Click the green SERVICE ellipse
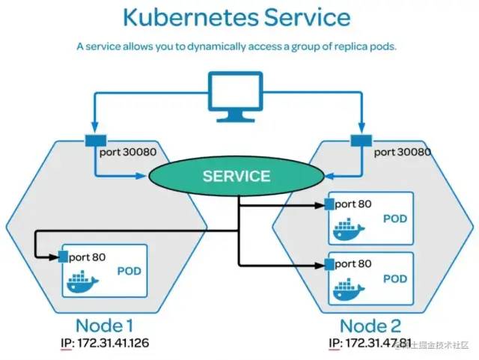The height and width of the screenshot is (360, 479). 237,176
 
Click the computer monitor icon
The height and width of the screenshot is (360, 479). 236,97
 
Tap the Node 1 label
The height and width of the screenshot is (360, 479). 105,326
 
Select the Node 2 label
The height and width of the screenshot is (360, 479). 370,326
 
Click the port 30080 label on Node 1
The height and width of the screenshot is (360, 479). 128,152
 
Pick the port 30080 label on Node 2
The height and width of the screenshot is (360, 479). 403,152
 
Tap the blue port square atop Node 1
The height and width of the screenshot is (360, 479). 96,141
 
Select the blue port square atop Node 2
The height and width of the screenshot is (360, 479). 361,141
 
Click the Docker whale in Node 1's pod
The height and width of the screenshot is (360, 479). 82,281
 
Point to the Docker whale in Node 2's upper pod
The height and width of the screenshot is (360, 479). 349,229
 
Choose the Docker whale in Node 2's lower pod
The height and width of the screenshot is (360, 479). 349,289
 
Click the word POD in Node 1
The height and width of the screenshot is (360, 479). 129,271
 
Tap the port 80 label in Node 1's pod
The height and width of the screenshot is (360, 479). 88,257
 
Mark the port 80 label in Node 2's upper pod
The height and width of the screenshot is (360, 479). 353,204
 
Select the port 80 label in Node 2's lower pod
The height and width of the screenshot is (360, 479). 353,264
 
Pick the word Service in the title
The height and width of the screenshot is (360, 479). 308,17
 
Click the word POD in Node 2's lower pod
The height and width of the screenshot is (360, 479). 395,278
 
